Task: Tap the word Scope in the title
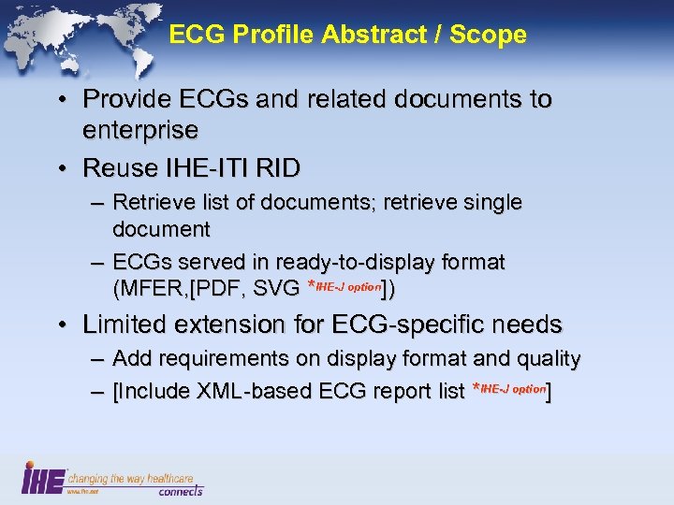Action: pyautogui.click(x=488, y=36)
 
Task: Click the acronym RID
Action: pyautogui.click(x=279, y=168)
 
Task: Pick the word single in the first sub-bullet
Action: pyautogui.click(x=489, y=202)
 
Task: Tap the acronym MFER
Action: pyautogui.click(x=150, y=288)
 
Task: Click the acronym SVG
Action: pyautogui.click(x=275, y=288)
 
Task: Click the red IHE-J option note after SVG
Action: pyautogui.click(x=347, y=285)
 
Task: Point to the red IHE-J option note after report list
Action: pyautogui.click(x=511, y=388)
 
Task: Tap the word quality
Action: pyautogui.click(x=550, y=358)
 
